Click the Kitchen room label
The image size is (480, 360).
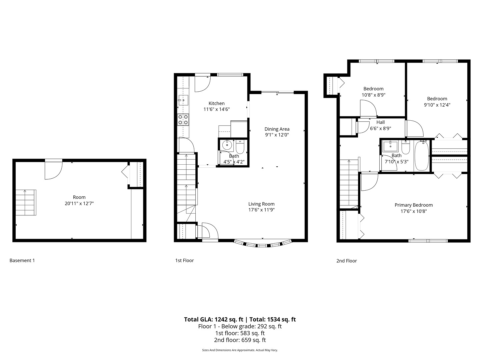tap(216, 103)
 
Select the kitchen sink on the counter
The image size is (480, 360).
tap(183, 100)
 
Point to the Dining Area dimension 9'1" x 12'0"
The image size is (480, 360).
tap(277, 135)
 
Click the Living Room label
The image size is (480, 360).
tap(261, 204)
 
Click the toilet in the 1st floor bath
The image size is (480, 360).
tap(240, 147)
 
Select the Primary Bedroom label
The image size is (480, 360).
tap(413, 205)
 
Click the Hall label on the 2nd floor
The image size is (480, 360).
tap(380, 122)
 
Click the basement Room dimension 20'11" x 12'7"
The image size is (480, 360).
tap(79, 203)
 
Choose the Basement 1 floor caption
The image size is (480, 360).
tap(22, 260)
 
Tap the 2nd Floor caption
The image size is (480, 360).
tap(346, 261)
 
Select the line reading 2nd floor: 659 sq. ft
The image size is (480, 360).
tap(240, 340)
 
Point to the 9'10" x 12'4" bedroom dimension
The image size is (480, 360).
tap(437, 105)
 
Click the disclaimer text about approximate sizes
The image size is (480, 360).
tap(240, 350)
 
